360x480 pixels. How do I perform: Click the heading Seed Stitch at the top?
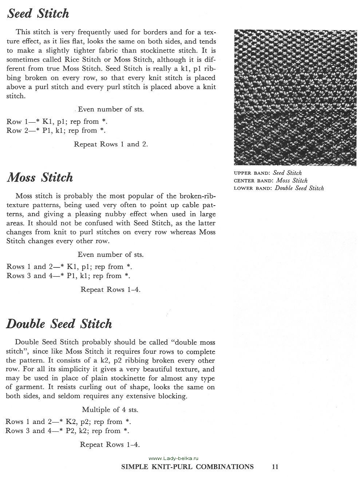[x=38, y=14]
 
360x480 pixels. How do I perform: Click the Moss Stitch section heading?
[x=40, y=178]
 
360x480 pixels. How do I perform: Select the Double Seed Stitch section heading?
[x=59, y=324]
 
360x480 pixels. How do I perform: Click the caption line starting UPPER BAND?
[x=268, y=173]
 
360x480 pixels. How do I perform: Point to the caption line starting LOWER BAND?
[x=278, y=188]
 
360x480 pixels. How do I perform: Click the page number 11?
[x=275, y=467]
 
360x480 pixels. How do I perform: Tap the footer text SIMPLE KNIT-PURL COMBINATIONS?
[x=187, y=467]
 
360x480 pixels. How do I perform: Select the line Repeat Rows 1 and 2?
[x=111, y=144]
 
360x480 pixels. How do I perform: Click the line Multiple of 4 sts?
[x=110, y=409]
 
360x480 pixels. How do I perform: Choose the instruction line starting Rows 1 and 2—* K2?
[x=68, y=422]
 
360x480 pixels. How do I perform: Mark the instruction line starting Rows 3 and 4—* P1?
[x=68, y=275]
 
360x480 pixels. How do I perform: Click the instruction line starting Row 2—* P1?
[x=57, y=130]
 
